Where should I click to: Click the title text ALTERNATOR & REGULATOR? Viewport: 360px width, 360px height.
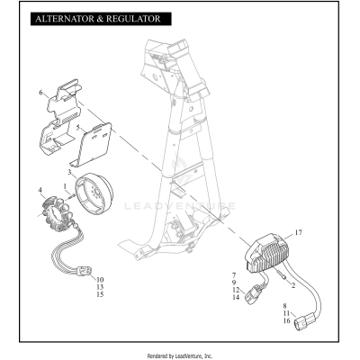pos(96,18)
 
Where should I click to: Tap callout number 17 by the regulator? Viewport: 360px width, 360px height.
pos(300,234)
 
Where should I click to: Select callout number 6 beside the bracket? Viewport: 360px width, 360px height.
pos(41,93)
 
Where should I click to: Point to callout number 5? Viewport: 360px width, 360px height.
pos(77,129)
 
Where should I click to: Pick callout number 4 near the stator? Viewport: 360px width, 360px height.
pos(40,190)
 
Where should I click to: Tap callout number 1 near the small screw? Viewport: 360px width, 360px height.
pos(65,186)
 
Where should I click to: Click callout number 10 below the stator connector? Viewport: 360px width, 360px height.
pos(100,280)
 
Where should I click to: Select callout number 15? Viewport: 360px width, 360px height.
pos(100,295)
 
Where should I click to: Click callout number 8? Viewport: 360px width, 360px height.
pos(287,306)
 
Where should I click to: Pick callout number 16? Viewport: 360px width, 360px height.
pos(287,320)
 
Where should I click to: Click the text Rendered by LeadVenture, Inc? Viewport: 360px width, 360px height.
pos(179,355)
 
